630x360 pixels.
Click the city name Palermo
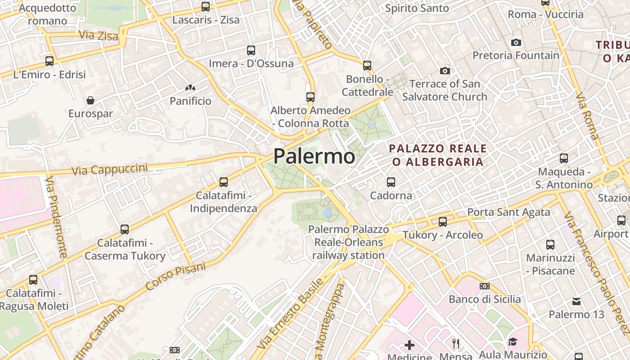click(314, 156)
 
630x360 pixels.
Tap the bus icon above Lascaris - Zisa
click(206, 7)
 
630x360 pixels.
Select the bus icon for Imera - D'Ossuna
click(251, 50)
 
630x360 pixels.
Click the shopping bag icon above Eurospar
click(90, 100)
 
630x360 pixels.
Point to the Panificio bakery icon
click(190, 88)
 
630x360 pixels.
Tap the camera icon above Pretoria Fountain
click(516, 42)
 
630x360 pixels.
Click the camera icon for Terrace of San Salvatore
click(445, 71)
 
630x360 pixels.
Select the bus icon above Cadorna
click(391, 182)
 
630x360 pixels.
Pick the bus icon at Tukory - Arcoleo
click(443, 221)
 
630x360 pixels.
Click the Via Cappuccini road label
click(110, 169)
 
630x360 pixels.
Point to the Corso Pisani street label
click(175, 275)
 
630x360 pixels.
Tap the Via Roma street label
click(587, 116)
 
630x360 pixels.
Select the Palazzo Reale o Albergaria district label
click(438, 155)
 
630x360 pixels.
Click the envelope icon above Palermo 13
click(576, 301)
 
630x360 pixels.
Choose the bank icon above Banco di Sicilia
click(485, 286)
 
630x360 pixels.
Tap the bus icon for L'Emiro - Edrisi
click(49, 61)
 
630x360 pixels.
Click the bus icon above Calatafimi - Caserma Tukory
click(125, 229)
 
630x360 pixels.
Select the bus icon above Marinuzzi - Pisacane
click(550, 244)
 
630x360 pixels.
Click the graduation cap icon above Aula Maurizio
click(513, 342)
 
